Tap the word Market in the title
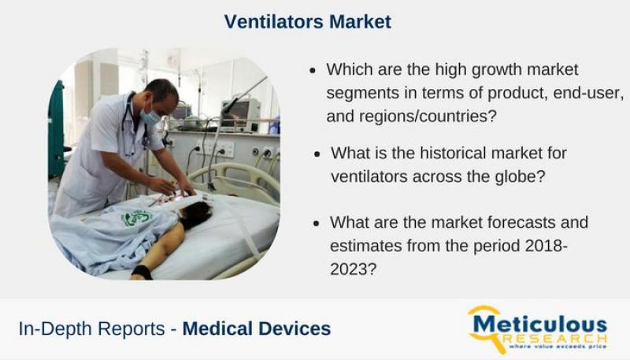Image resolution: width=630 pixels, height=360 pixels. coord(360,21)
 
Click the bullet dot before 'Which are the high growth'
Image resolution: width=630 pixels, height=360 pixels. coord(313,71)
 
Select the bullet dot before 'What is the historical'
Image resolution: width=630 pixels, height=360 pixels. coord(317,154)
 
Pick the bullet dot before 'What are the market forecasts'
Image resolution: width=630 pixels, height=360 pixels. coord(317,224)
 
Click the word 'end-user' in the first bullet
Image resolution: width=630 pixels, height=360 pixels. coord(588,93)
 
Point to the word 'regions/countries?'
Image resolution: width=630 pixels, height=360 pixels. coord(428,117)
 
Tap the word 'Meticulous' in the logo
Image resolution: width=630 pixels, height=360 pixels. coord(539,324)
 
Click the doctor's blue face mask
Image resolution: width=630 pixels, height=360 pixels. coord(150,116)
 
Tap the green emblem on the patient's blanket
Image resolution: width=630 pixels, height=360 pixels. coord(135,217)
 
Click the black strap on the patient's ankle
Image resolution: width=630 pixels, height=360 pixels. coord(142,272)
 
